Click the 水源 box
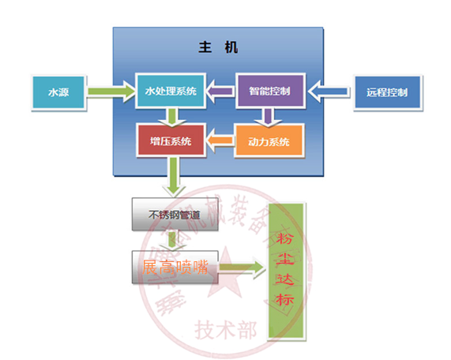[x=58, y=92]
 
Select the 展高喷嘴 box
[x=175, y=267]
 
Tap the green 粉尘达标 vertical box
[x=285, y=271]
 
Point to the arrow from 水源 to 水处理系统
[x=110, y=92]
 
